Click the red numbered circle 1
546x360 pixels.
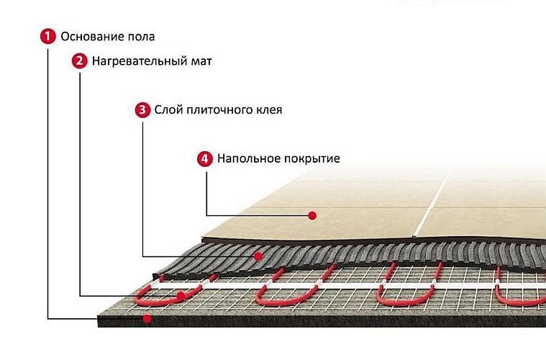[x=47, y=36]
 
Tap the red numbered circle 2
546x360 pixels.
[x=79, y=61]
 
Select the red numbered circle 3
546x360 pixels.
[x=142, y=110]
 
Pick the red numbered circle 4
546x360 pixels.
[x=205, y=158]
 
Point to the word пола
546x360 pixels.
[x=139, y=36]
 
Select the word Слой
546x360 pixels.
[x=168, y=110]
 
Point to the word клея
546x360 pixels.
[x=266, y=110]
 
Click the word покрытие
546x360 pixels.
[x=310, y=158]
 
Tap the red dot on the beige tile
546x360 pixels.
[x=312, y=215]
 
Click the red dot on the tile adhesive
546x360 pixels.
[x=258, y=256]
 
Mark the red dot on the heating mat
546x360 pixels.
[x=180, y=295]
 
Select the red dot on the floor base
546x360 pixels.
[x=147, y=318]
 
